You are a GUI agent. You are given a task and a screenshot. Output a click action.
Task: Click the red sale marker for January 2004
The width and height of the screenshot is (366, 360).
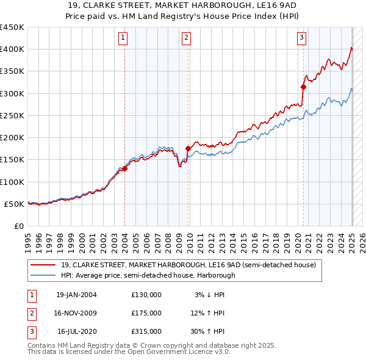click(x=124, y=168)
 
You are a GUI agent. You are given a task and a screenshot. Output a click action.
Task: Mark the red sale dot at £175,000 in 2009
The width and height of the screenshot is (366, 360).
click(x=188, y=148)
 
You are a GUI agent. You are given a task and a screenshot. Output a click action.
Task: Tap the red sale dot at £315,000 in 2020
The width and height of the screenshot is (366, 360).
click(x=303, y=87)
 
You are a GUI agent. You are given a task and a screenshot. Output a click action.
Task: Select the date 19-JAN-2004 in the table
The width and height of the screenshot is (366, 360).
click(x=76, y=295)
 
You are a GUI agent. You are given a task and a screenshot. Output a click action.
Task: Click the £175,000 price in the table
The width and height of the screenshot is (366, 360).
click(x=146, y=313)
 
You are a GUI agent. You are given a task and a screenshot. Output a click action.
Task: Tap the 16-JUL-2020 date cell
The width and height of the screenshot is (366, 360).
click(x=76, y=331)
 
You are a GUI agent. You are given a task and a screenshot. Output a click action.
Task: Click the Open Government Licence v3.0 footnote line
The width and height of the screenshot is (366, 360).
click(x=129, y=351)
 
